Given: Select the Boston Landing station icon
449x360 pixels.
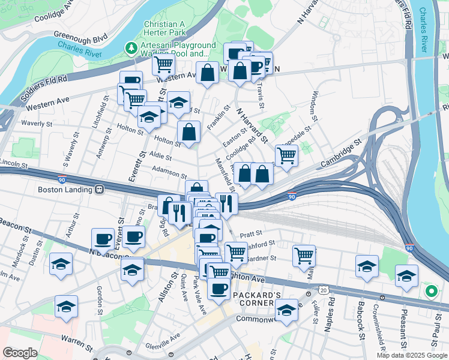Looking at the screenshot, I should click(99, 190).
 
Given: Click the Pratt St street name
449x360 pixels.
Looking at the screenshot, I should click(251, 233).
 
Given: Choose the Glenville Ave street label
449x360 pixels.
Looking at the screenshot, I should click(162, 340).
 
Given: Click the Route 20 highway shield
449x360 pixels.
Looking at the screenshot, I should click(324, 290).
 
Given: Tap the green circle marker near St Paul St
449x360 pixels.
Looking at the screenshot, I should click(430, 292).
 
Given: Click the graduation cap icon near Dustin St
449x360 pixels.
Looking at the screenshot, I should click(61, 264).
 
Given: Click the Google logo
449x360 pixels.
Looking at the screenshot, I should click(20, 353).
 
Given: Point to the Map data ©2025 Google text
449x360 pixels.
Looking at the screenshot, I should click(412, 355).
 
